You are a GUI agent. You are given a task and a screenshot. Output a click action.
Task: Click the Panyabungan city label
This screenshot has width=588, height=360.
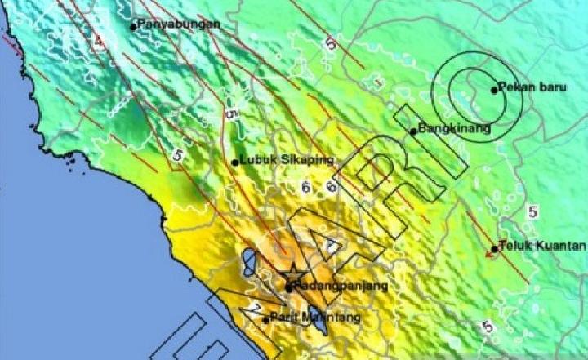179,24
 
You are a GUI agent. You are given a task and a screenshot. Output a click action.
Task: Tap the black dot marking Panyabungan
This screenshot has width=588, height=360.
133,27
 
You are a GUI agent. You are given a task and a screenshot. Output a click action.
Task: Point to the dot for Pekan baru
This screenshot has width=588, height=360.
494,90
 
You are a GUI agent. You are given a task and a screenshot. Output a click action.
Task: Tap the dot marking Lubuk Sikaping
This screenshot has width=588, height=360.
236,162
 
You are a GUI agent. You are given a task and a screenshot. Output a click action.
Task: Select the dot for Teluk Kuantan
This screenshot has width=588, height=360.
494,248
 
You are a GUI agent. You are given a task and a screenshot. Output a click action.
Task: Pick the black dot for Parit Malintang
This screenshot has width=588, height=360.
266,319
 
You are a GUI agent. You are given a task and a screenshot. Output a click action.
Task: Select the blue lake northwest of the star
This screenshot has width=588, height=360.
248,263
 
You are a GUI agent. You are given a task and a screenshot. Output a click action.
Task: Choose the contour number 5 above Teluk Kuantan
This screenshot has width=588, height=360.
533,211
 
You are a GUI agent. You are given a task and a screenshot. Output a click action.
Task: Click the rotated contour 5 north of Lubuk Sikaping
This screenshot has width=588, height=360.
231,116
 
